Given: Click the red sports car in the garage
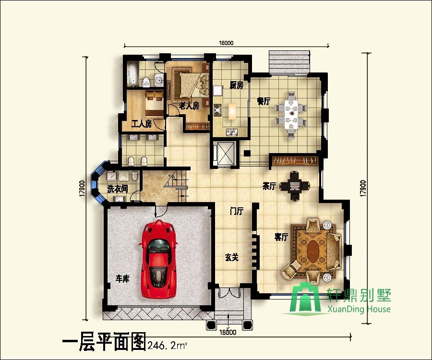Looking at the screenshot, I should click(159, 260).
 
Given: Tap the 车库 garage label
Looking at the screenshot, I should click(123, 278).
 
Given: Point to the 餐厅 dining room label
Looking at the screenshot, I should click(264, 101).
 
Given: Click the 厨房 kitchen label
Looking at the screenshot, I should click(236, 85).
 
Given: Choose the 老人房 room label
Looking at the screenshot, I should click(189, 106).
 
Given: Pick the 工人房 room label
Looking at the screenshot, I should click(142, 124).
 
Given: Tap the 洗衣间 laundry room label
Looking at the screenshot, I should click(117, 189).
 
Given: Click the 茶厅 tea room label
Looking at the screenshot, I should click(269, 186).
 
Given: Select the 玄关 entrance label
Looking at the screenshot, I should click(232, 257).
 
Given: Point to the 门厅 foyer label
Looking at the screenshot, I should click(237, 211).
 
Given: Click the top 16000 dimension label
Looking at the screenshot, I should click(227, 43).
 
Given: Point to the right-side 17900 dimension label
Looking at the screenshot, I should click(363, 187).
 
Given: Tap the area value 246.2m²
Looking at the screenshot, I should click(167, 344).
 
